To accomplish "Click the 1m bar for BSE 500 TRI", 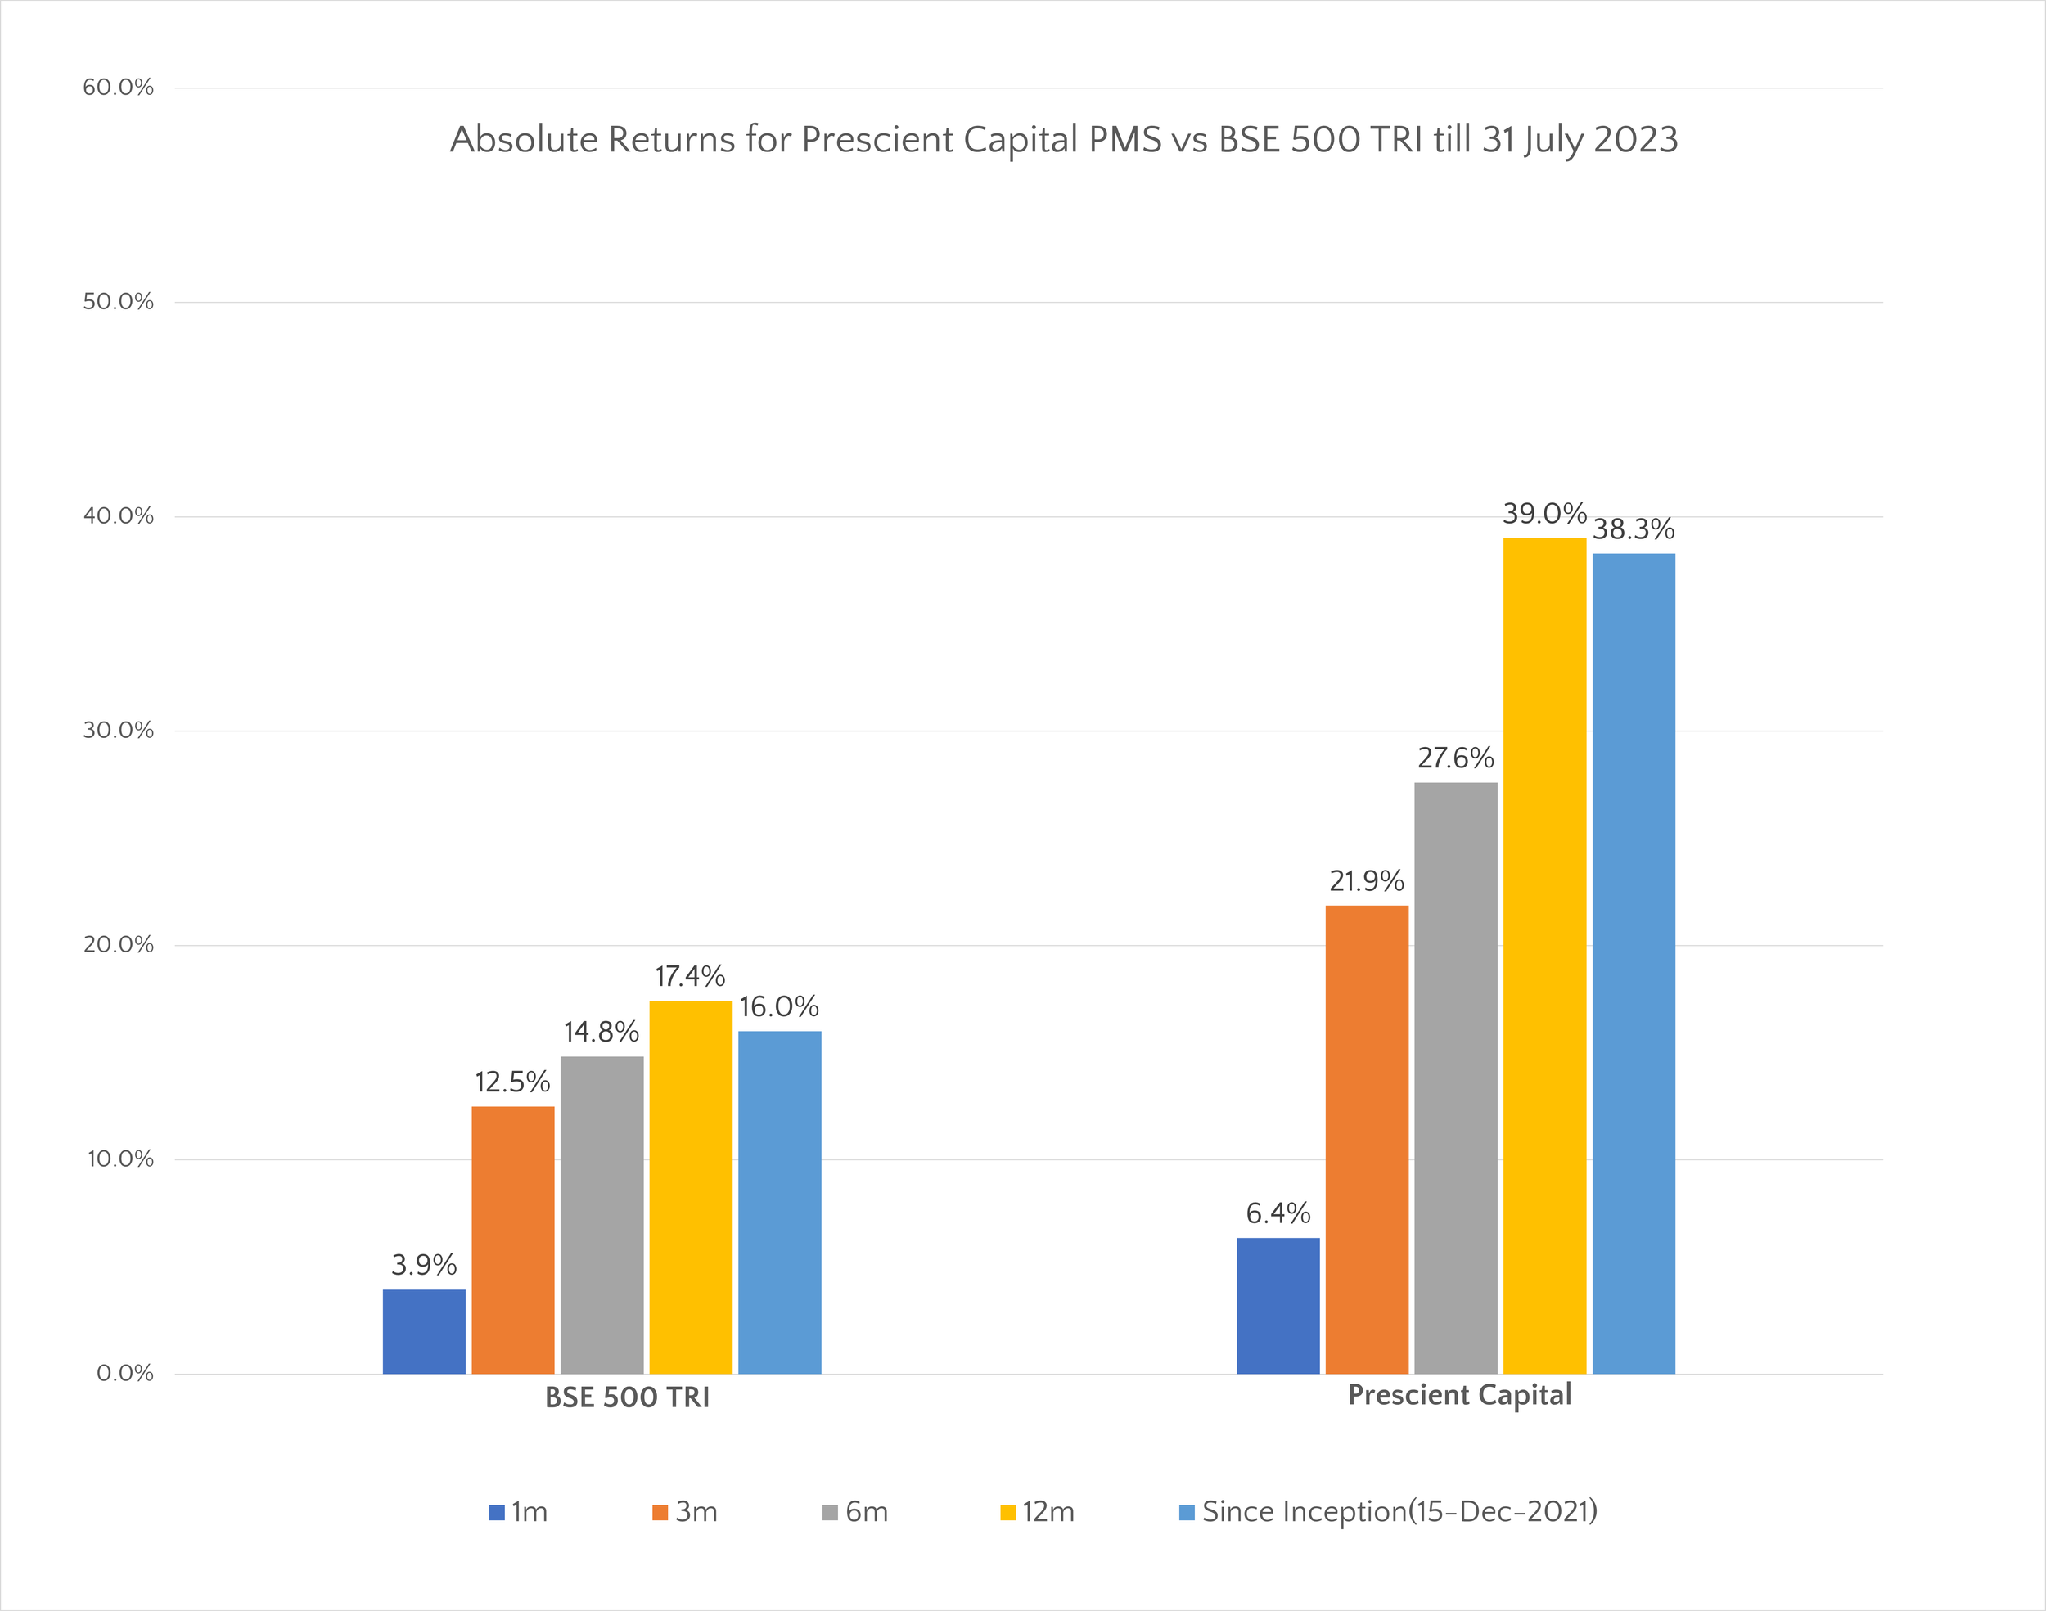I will [x=424, y=1331].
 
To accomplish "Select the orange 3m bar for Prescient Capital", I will [x=1367, y=1140].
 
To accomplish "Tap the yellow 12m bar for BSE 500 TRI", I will [x=691, y=1186].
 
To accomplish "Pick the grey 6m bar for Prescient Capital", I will [x=1455, y=1078].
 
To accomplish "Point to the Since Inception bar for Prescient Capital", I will [x=1634, y=963].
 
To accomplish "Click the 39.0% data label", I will [x=1544, y=514].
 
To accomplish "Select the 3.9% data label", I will [x=424, y=1265].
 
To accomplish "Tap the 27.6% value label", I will [x=1455, y=758].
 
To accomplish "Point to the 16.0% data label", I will [x=778, y=1007].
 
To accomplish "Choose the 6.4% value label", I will [x=1278, y=1213].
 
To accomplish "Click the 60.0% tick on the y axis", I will [x=118, y=88].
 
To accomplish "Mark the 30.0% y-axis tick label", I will [x=118, y=730].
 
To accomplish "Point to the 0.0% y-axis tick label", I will [x=124, y=1373].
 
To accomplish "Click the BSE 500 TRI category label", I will [x=627, y=1397].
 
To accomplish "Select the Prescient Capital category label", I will [x=1459, y=1395].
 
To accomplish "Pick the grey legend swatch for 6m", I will [x=830, y=1513].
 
